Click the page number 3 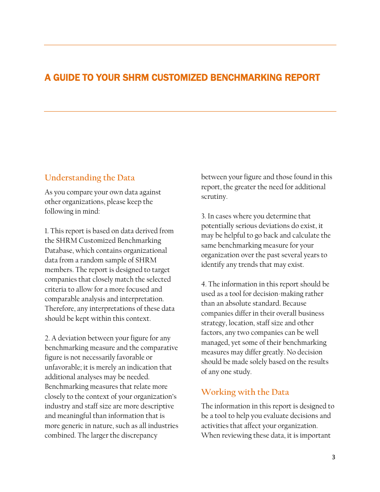point(334,457)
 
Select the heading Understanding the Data point(90,178)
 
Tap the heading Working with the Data point(245,392)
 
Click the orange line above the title point(190,45)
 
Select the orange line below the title point(190,112)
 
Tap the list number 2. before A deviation point(47,338)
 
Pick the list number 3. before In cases point(204,216)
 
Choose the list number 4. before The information point(204,284)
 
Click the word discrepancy point(138,435)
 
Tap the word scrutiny point(214,196)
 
